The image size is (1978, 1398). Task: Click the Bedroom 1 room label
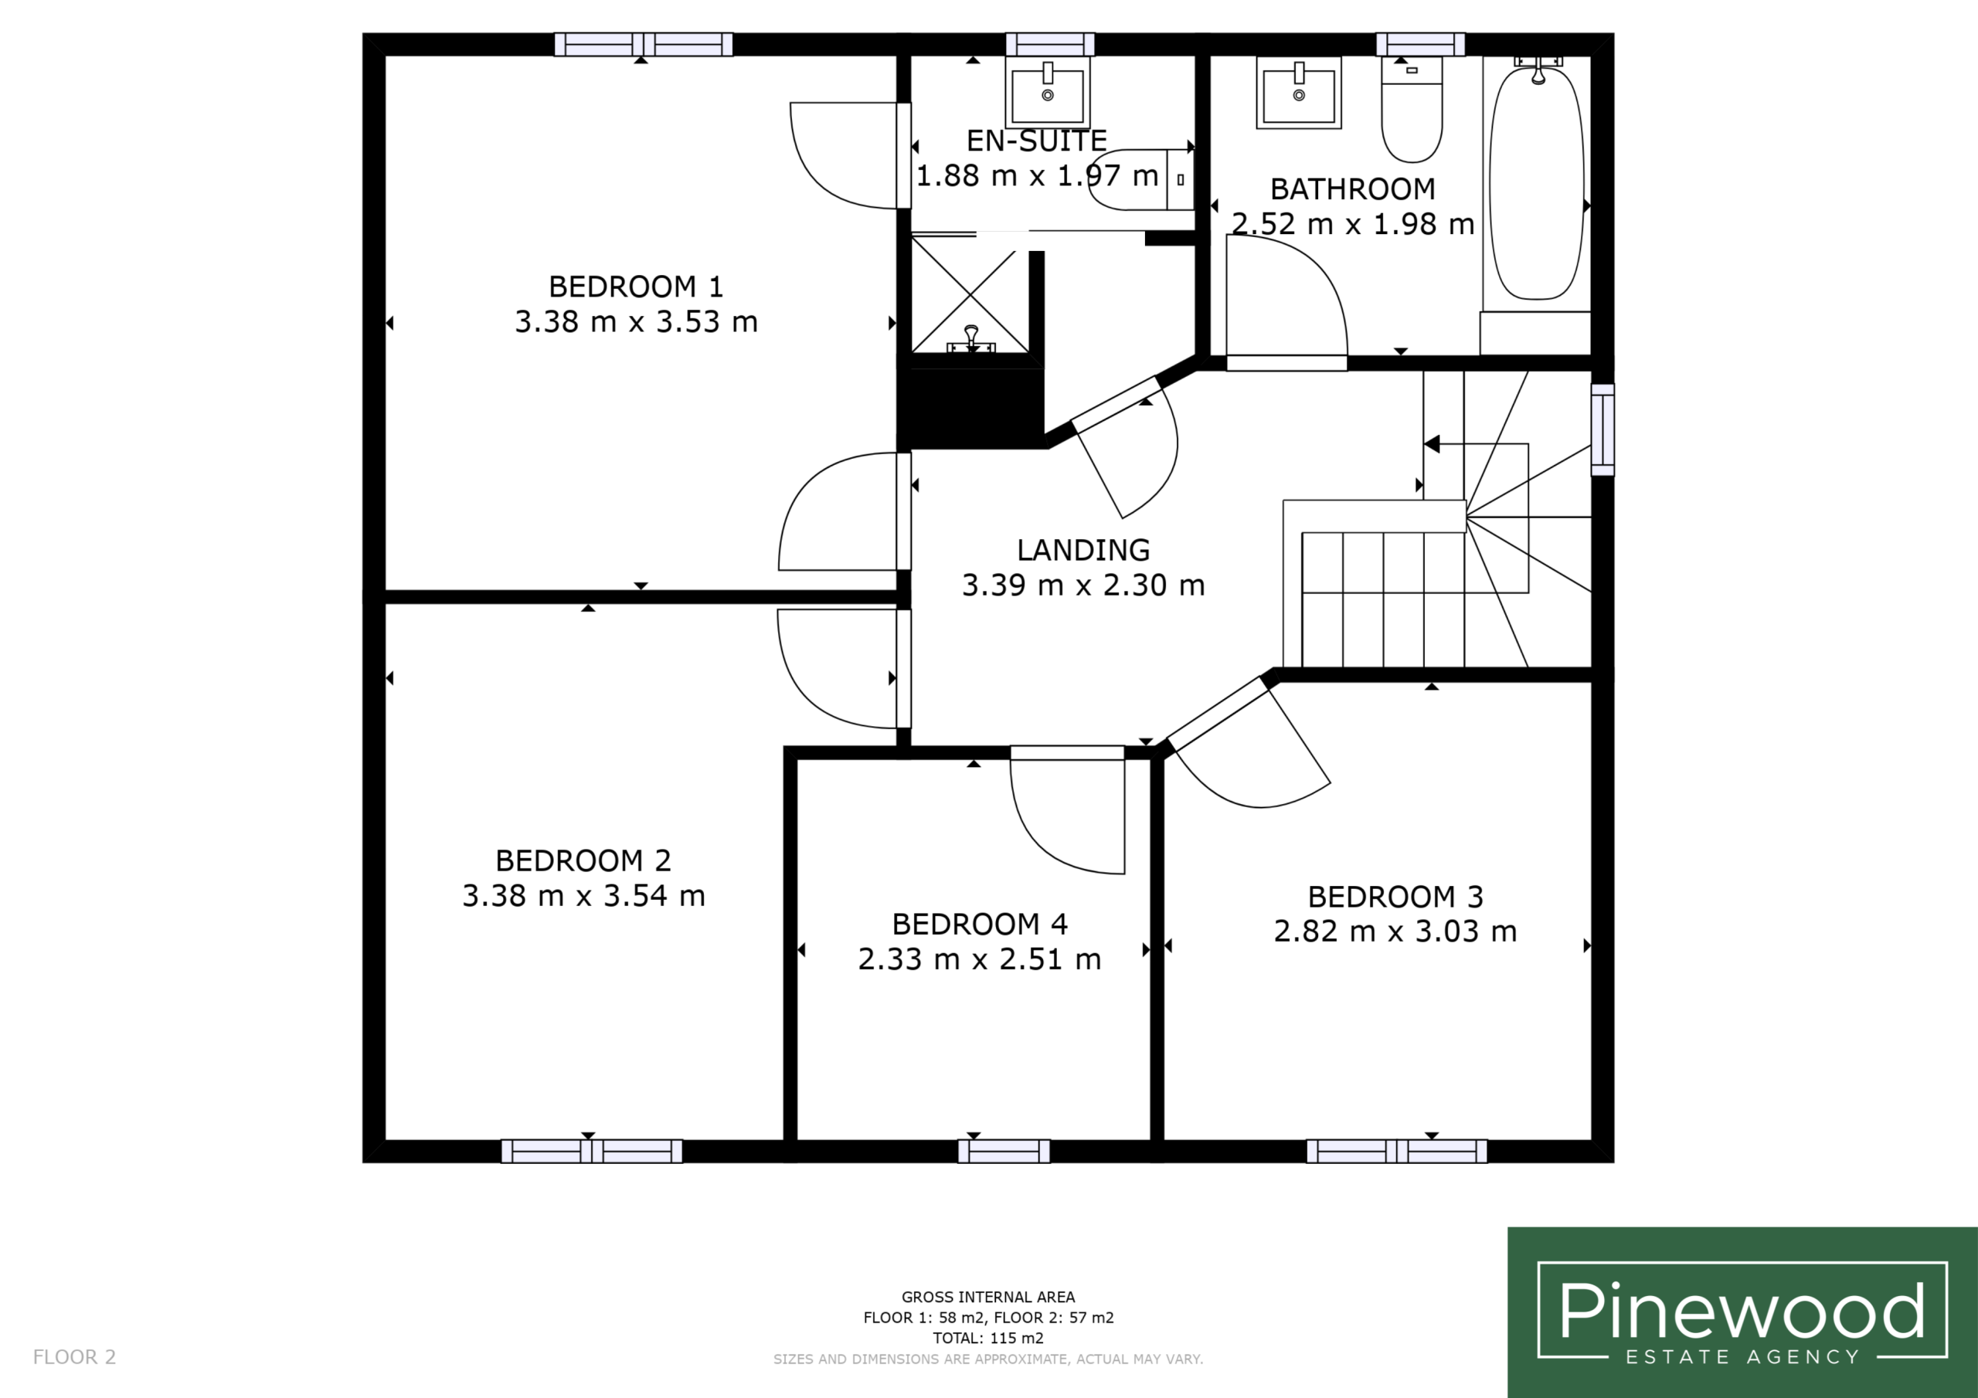[x=636, y=286]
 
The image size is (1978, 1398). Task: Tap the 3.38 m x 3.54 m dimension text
[x=583, y=896]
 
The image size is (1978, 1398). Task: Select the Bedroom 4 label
[x=980, y=925]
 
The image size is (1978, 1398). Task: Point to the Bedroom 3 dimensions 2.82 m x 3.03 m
[x=1395, y=931]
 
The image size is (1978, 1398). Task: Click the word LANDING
[x=1083, y=550]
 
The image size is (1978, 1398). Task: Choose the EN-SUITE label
[x=1036, y=141]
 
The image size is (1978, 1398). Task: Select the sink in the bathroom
[x=1298, y=93]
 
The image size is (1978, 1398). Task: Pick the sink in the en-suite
[x=1048, y=92]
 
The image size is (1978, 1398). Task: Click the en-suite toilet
[x=1140, y=179]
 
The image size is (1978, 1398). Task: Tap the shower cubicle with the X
[x=970, y=294]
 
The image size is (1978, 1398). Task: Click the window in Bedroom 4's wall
[x=1004, y=1151]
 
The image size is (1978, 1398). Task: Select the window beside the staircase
[x=1602, y=429]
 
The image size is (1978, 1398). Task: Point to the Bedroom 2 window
[x=592, y=1151]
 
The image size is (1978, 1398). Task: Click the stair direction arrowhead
[x=1432, y=444]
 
